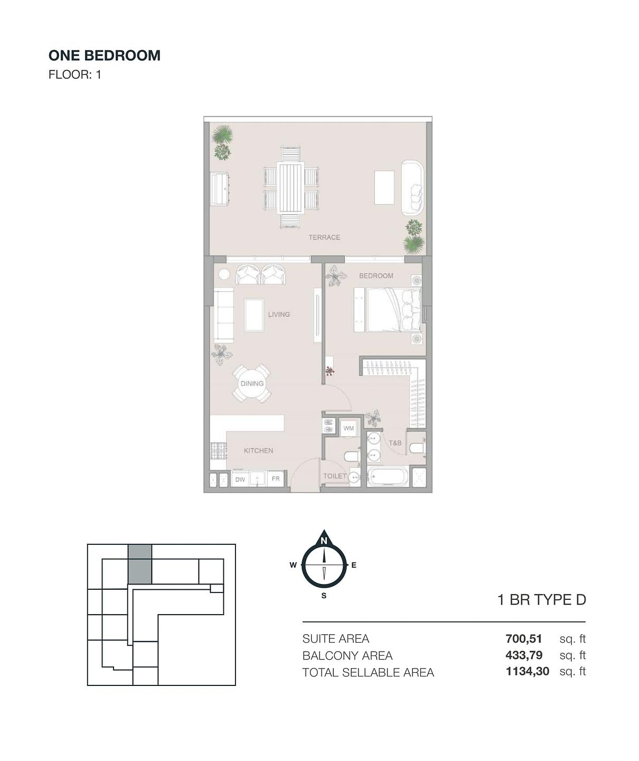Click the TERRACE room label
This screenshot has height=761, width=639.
point(324,237)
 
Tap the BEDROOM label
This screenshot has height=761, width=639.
point(376,276)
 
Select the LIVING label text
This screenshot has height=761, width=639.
point(279,314)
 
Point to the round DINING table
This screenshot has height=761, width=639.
point(252,384)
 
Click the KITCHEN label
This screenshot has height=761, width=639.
point(258,450)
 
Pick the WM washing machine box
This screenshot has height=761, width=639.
point(349,428)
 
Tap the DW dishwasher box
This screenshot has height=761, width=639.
point(240,479)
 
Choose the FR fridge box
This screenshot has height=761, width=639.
point(276,479)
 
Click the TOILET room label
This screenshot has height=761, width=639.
point(335,476)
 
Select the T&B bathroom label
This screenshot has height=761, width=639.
point(395,443)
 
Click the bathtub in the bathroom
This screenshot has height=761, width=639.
point(387,477)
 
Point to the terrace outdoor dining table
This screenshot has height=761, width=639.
point(290,188)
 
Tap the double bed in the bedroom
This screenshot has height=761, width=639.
point(394,310)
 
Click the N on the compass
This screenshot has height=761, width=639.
point(324,541)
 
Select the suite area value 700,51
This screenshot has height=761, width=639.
point(523,638)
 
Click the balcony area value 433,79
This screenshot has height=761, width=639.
point(524,655)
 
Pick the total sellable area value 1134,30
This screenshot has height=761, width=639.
point(527,671)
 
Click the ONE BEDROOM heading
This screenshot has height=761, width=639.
point(105,55)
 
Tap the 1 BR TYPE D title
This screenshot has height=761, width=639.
point(542,600)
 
